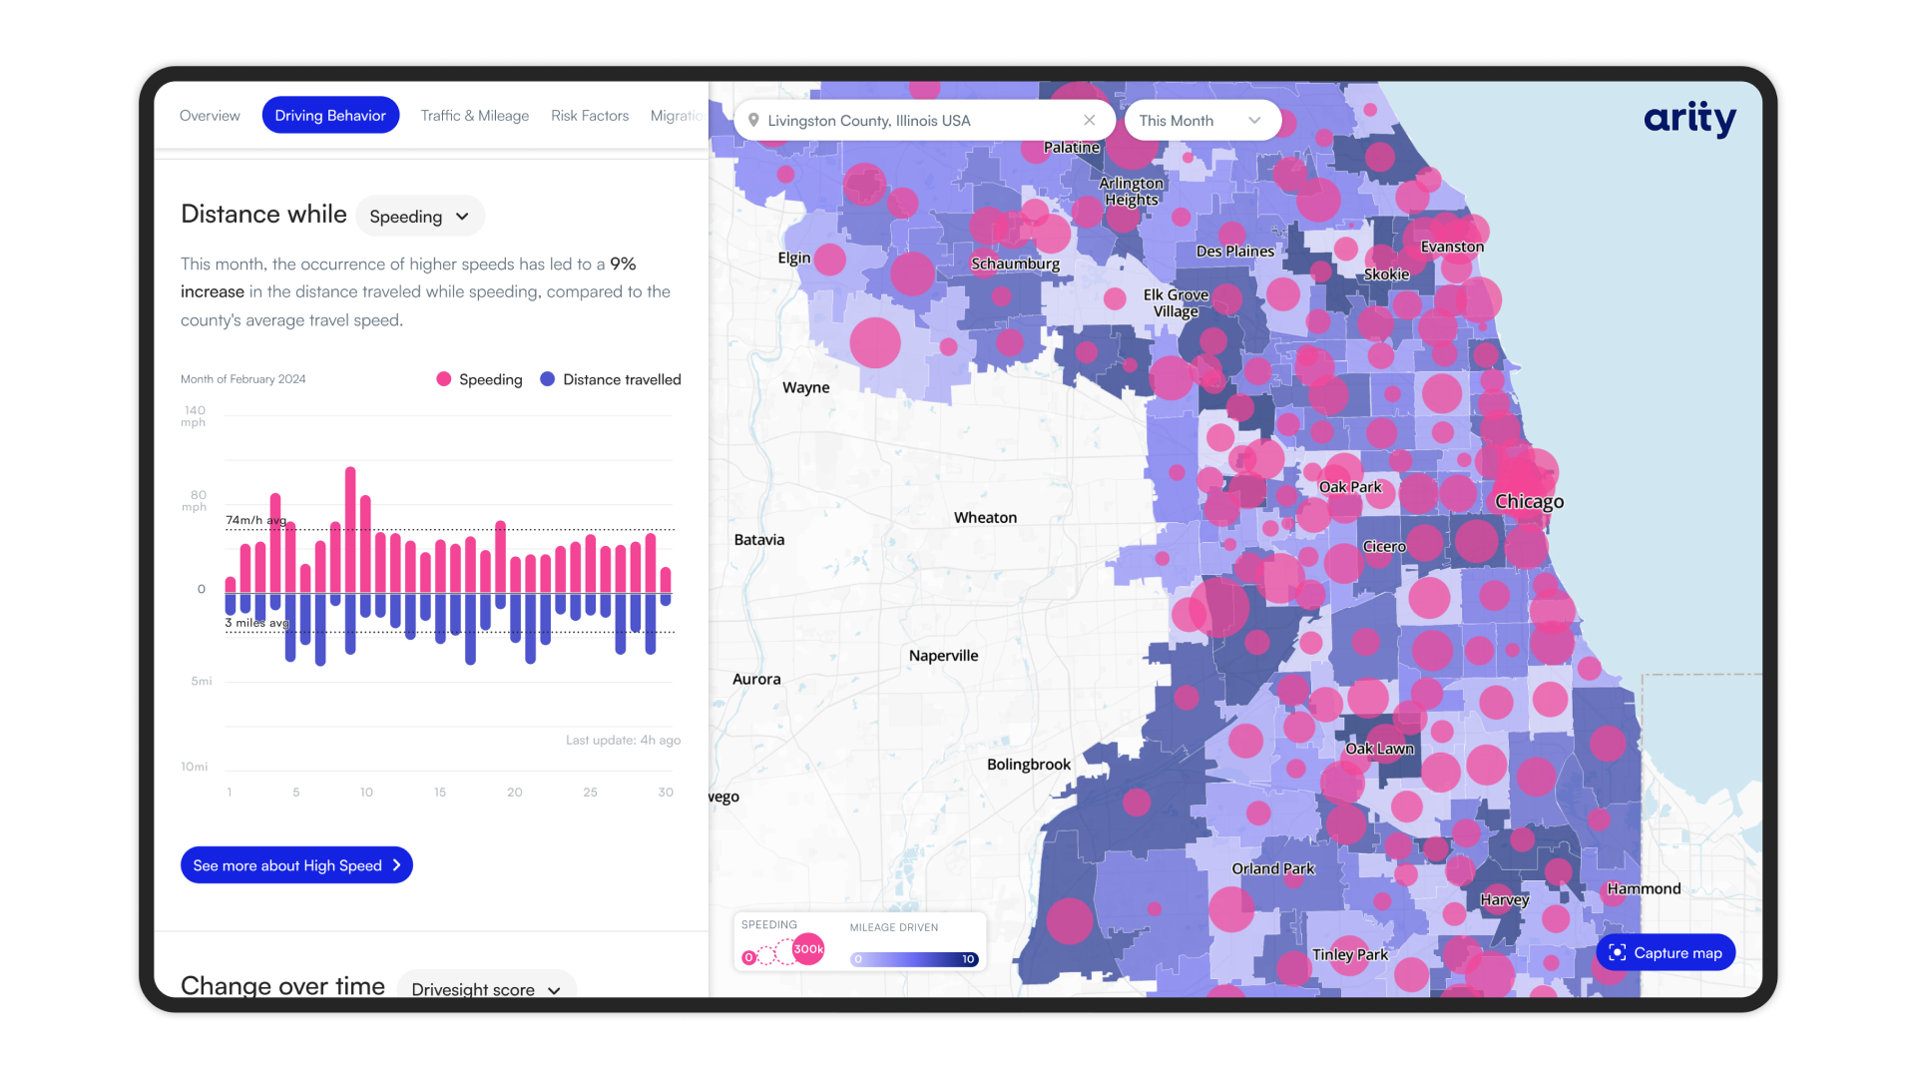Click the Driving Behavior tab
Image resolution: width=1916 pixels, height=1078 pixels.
(x=330, y=116)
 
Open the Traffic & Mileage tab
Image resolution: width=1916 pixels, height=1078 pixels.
(x=474, y=116)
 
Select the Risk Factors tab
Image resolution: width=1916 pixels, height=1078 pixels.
(x=590, y=116)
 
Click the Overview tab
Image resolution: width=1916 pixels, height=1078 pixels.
(x=210, y=116)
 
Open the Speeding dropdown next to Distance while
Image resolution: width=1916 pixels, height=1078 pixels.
(x=419, y=217)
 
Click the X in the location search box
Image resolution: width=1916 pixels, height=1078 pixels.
(x=1089, y=121)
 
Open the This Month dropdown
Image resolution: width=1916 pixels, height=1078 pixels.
(x=1200, y=121)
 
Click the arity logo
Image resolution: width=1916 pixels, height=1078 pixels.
(x=1689, y=119)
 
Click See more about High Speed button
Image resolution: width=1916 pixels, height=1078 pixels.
(x=296, y=865)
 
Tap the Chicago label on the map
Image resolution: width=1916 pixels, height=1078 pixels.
(x=1529, y=502)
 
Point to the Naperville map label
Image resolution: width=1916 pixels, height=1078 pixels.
(x=943, y=656)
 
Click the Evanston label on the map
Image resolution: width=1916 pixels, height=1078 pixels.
(x=1452, y=247)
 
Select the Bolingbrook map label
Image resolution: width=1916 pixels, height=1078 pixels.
(x=1028, y=765)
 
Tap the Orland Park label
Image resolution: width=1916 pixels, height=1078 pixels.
(x=1272, y=868)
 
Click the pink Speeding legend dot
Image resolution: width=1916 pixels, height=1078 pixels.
(x=444, y=379)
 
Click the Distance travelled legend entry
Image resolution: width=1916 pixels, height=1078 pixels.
(x=611, y=379)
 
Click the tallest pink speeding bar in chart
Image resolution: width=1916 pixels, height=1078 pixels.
(x=350, y=529)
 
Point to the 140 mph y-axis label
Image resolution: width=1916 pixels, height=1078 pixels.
(x=194, y=416)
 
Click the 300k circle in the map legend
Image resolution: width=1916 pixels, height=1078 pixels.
(x=808, y=949)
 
